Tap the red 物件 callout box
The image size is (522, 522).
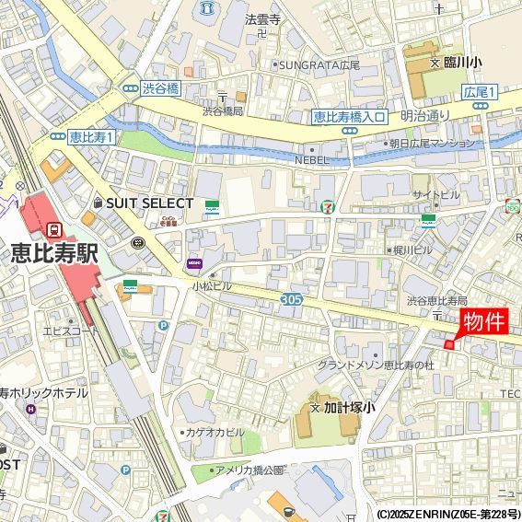(483, 322)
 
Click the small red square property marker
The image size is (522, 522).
(449, 344)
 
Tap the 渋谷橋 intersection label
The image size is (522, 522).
(160, 88)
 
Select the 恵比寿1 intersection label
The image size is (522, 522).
(91, 136)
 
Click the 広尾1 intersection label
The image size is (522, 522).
(479, 92)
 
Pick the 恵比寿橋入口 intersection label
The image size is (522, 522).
(349, 116)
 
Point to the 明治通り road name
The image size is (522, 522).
(424, 116)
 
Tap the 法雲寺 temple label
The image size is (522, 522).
(262, 18)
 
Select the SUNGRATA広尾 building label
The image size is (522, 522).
(320, 65)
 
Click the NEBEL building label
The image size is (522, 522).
(311, 159)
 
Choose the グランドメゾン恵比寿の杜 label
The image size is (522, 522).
(375, 365)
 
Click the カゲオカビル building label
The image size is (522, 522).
(215, 432)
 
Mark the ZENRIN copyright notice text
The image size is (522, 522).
(447, 514)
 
